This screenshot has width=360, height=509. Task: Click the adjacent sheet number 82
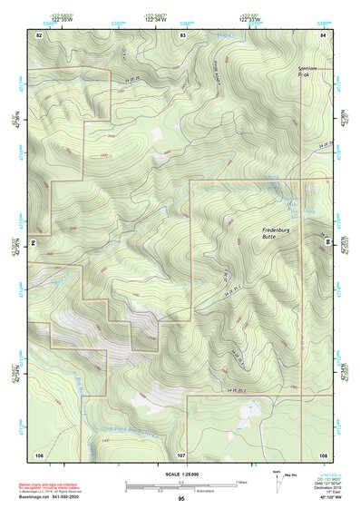pos(39,34)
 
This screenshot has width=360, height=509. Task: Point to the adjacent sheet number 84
pos(323,34)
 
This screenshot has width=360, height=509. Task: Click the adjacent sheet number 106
pos(39,453)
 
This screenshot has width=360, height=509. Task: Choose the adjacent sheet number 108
pos(323,453)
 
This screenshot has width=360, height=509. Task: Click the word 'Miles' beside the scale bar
pos(241,481)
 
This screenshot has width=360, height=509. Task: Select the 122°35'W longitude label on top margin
pos(60,16)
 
